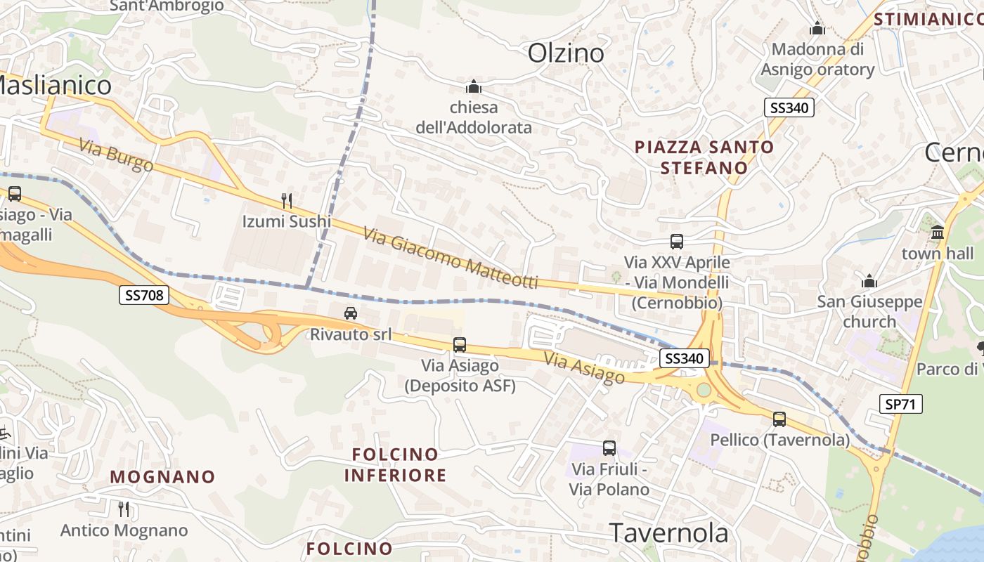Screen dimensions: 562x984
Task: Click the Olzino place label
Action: click(566, 53)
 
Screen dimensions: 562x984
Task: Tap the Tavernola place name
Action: click(668, 533)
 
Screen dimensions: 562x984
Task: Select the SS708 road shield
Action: click(143, 295)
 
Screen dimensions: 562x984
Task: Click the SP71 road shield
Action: click(900, 404)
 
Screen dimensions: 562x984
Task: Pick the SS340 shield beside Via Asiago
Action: click(685, 358)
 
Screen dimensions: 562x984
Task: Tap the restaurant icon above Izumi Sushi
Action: click(286, 201)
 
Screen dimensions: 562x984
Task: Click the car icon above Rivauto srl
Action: click(351, 313)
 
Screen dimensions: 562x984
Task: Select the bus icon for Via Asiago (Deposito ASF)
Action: click(460, 345)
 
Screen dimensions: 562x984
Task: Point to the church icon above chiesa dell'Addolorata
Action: click(474, 87)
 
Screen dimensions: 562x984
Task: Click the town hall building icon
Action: click(938, 233)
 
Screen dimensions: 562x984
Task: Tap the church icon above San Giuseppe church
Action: click(869, 282)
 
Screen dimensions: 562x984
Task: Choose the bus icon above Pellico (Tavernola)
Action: click(779, 419)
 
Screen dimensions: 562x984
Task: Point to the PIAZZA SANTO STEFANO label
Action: click(704, 157)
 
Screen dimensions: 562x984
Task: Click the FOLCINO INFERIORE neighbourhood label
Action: click(395, 465)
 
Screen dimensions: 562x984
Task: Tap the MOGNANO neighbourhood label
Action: click(162, 477)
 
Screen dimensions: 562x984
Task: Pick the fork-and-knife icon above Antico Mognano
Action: click(124, 509)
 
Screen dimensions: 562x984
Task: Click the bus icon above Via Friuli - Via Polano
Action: click(609, 448)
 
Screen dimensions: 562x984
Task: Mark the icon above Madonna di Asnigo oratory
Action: click(817, 29)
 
